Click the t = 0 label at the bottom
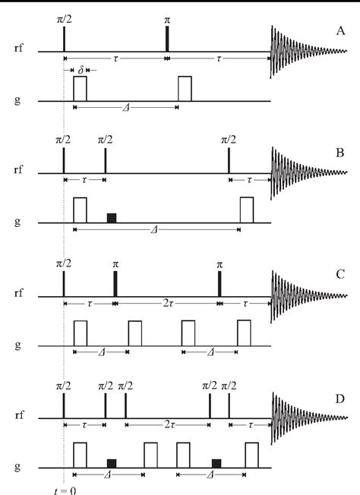[66, 489]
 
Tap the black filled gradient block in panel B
[112, 218]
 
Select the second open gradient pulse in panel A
[185, 88]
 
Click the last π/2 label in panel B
[229, 140]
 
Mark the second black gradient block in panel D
[216, 462]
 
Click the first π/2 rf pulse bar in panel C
[64, 282]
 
